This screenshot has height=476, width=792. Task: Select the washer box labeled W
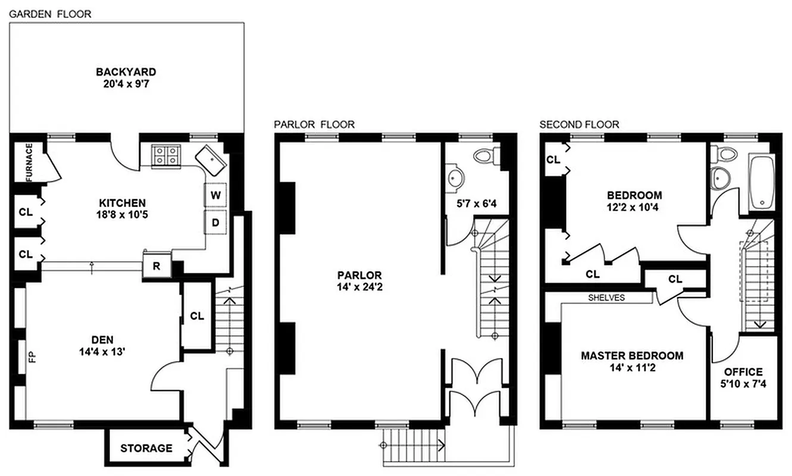click(x=215, y=195)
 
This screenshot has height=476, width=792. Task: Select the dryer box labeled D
click(x=215, y=223)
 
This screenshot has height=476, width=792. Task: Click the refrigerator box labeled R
click(x=156, y=266)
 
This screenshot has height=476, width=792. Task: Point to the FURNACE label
click(x=28, y=162)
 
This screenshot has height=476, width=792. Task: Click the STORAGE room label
click(x=146, y=448)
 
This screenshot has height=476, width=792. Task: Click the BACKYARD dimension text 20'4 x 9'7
click(x=126, y=84)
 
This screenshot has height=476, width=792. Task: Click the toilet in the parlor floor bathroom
click(x=485, y=156)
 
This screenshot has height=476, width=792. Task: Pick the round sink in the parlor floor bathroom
click(x=457, y=177)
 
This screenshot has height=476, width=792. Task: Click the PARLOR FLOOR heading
click(x=314, y=124)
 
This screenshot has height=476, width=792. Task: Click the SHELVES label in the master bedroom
click(x=606, y=297)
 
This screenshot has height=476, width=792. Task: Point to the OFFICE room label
click(x=743, y=372)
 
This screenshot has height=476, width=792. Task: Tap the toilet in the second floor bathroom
click(x=725, y=154)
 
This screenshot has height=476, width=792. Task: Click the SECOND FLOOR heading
click(x=579, y=124)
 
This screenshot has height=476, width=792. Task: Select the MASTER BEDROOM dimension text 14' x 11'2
click(x=632, y=368)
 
